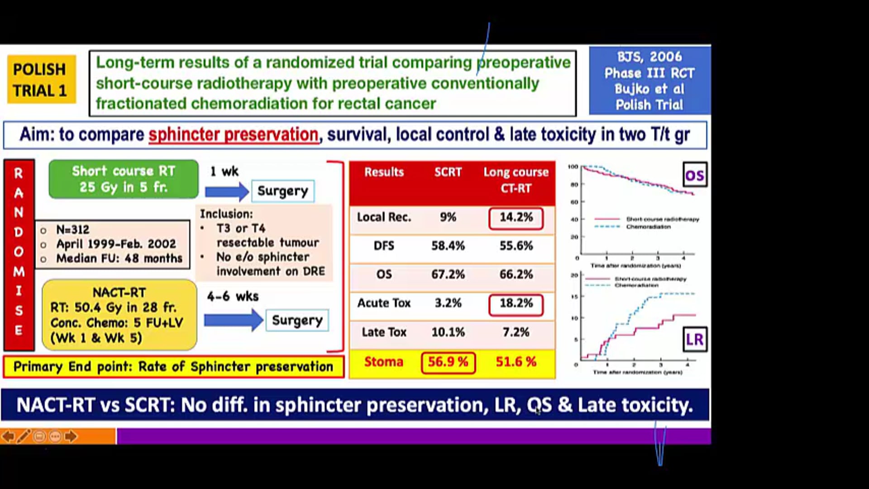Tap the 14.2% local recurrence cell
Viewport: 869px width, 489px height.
(516, 218)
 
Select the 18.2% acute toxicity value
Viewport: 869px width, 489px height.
(516, 303)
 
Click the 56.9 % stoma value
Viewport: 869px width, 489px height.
(448, 362)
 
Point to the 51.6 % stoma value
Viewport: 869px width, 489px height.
(516, 362)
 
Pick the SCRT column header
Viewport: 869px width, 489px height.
(448, 173)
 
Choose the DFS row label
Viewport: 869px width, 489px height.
(384, 246)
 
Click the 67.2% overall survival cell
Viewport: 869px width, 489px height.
(448, 274)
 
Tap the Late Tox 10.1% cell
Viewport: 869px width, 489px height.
(448, 332)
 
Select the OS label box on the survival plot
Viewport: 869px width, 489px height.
(694, 175)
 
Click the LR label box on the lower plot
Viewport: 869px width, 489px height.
(694, 340)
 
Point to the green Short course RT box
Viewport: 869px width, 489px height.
(123, 179)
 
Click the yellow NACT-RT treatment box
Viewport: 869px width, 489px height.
(119, 315)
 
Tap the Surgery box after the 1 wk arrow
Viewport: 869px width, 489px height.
(282, 191)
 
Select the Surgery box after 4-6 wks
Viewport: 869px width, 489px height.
(297, 321)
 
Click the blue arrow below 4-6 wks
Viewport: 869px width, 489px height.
(233, 321)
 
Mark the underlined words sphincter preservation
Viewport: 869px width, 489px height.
(234, 135)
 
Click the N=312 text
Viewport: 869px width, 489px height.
(73, 230)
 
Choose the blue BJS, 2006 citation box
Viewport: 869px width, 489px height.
(649, 81)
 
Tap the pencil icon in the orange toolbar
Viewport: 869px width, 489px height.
(24, 436)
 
